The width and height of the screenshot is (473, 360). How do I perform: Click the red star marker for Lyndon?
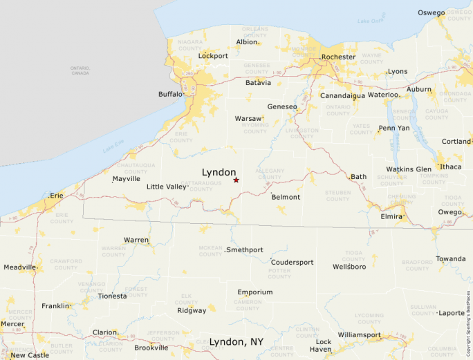coord(236,180)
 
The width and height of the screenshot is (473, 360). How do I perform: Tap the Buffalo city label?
coord(170,94)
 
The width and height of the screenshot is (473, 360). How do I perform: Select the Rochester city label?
coord(339,57)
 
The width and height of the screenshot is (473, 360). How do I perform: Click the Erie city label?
coord(57,196)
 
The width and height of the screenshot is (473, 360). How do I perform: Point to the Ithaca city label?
coord(450,167)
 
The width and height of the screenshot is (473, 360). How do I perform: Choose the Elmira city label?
coord(391,216)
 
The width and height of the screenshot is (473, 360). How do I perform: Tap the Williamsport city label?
coord(359,335)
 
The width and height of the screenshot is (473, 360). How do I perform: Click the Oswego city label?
coord(431,12)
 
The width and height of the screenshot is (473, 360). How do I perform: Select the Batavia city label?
coord(258,82)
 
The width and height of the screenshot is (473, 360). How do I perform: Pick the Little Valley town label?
coord(167,187)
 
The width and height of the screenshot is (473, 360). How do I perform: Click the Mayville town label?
coord(126,178)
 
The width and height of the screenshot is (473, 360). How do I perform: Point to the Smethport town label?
coord(245,249)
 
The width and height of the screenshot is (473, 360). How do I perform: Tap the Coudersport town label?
coord(292,263)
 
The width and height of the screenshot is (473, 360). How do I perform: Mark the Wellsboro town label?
coord(349,266)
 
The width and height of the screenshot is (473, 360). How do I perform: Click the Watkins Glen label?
coord(409,169)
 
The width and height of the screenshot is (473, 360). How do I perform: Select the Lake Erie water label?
coord(113,146)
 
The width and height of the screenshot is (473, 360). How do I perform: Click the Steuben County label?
coord(337,196)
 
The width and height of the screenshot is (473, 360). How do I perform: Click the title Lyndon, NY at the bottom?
coord(236,342)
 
